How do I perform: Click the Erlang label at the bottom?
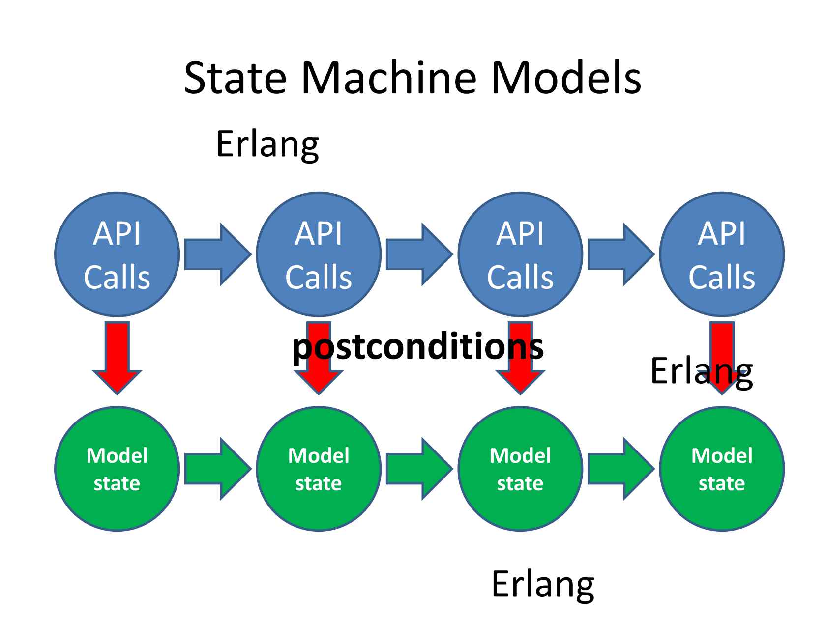(543, 584)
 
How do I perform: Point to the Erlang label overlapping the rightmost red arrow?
(701, 372)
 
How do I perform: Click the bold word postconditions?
(418, 347)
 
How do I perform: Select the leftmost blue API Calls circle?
(117, 254)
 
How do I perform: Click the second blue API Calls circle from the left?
(319, 254)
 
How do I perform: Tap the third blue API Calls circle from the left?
(520, 254)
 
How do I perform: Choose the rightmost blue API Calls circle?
(722, 254)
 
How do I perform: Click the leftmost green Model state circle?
(117, 469)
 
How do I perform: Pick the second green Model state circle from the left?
(319, 469)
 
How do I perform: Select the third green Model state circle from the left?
(520, 469)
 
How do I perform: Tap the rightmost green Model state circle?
(722, 469)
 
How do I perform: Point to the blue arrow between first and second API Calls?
(216, 254)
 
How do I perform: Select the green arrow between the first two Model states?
(216, 469)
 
